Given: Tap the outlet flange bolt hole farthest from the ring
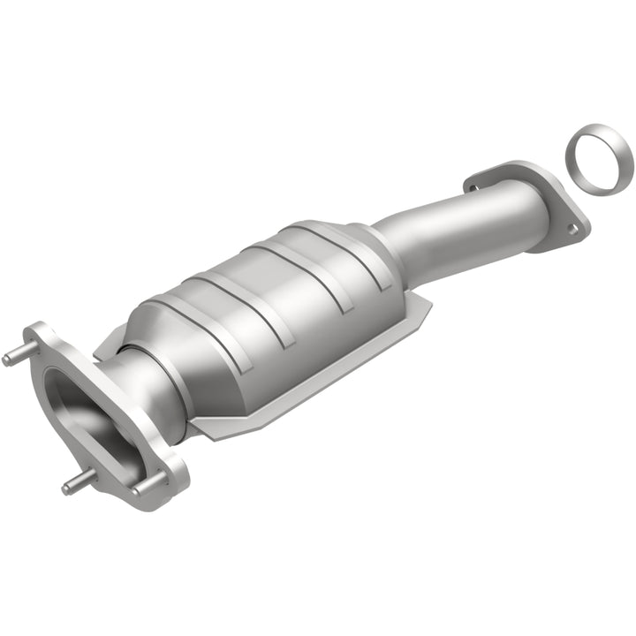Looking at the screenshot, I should point(472,187).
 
